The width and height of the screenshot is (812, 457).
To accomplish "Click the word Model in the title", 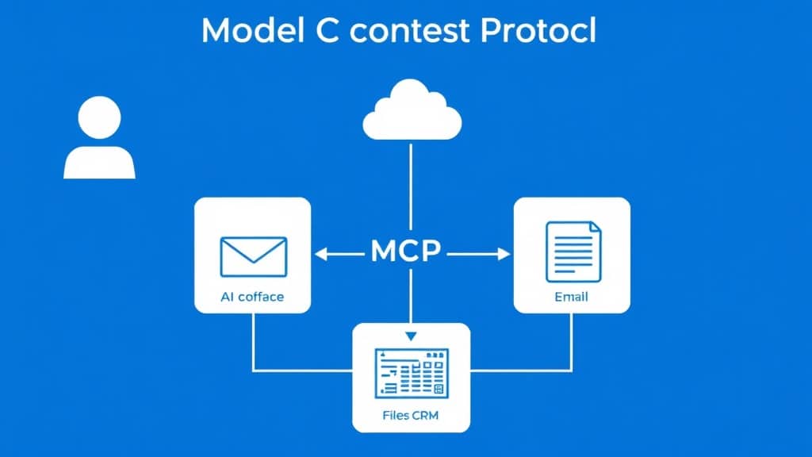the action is point(253,30).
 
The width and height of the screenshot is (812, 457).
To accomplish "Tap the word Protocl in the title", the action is point(538,30).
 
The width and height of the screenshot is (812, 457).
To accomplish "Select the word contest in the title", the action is point(410,31).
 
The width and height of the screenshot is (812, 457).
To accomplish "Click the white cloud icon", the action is point(412,109).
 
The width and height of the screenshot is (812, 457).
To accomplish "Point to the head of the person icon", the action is point(99,117).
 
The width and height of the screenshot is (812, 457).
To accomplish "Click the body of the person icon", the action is point(99,162).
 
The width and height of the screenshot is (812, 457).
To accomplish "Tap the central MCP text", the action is point(405,252).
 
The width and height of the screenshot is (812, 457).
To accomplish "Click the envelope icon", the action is point(253,256).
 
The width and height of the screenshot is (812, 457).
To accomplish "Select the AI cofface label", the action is point(252,297).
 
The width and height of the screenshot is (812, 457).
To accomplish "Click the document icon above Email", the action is point(573,252).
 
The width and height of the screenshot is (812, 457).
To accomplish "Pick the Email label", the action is point(571,297).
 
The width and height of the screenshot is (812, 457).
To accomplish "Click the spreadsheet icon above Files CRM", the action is point(412,373).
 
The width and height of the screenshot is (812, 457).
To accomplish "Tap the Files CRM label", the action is point(410,415).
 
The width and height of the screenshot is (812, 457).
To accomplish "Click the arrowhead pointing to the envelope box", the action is point(320,254).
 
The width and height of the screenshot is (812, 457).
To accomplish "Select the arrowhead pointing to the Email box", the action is point(504,254).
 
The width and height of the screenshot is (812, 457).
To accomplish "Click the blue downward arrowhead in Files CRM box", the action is point(412,336).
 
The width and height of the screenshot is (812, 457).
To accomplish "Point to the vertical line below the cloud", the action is point(412,187).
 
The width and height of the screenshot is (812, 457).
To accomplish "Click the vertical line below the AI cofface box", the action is point(253,342).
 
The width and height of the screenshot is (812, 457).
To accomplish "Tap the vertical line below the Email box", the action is point(571,342).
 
